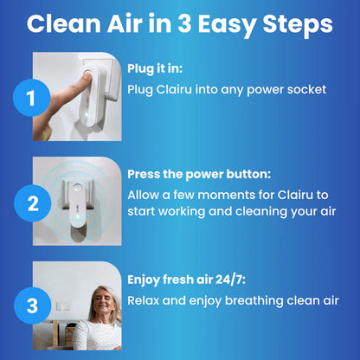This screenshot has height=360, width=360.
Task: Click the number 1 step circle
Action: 32,100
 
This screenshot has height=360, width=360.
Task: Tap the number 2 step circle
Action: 32,204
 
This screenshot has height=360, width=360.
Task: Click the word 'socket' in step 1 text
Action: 303,89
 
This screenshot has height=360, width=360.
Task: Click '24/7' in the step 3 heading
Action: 228,279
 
